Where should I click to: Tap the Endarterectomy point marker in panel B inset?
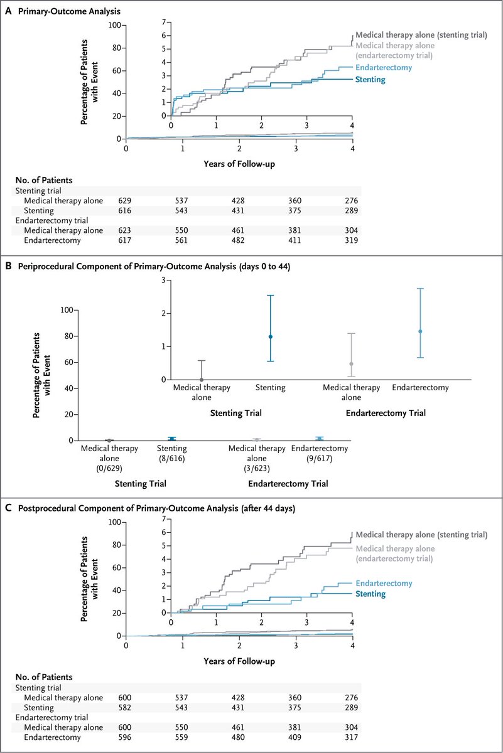click(x=420, y=331)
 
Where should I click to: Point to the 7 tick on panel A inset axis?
click(x=163, y=22)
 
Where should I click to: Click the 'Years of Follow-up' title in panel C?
click(x=239, y=661)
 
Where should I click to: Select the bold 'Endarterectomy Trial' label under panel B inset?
click(x=386, y=413)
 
